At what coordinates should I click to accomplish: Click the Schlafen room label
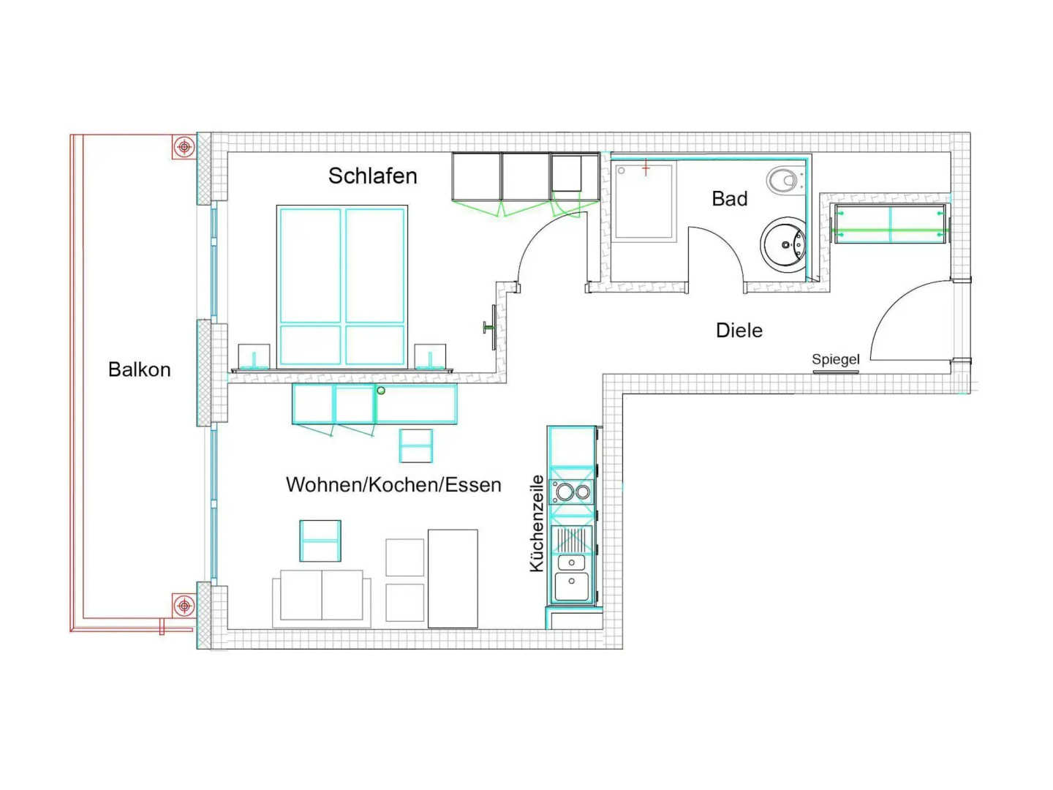[x=372, y=176]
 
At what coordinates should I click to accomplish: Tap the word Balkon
[x=139, y=369]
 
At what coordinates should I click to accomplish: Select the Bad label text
[x=729, y=198]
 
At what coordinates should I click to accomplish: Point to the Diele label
[x=739, y=331]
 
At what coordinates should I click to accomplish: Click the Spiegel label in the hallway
[x=835, y=359]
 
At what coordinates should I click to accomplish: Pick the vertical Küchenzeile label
[x=537, y=523]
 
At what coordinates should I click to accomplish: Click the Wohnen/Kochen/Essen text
[x=393, y=485]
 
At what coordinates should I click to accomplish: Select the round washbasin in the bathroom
[x=783, y=244]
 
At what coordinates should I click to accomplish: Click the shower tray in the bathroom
[x=643, y=201]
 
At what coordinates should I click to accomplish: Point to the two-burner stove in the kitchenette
[x=571, y=492]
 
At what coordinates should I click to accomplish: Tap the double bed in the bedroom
[x=342, y=287]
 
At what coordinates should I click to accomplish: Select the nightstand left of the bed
[x=254, y=356]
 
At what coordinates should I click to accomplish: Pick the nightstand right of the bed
[x=430, y=356]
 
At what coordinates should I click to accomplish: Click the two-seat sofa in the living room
[x=322, y=598]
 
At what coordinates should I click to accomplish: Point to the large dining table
[x=453, y=579]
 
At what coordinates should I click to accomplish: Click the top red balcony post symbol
[x=184, y=146]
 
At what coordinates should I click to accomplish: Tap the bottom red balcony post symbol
[x=184, y=606]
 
